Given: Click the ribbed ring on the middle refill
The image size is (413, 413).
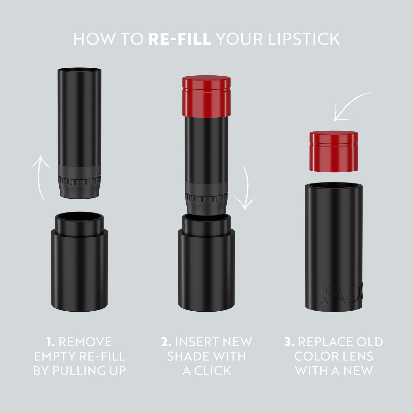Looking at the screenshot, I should tap(206, 198).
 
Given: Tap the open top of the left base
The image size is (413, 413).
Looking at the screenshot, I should tap(79, 217).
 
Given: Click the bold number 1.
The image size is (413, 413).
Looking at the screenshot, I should tap(51, 342).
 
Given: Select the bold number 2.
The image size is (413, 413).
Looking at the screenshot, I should tap(166, 342).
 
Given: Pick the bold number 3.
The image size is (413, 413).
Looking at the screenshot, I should tap(289, 342).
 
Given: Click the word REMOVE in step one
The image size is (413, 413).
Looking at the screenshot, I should tap(85, 342).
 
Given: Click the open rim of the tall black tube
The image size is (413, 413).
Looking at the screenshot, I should tap(333, 186).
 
